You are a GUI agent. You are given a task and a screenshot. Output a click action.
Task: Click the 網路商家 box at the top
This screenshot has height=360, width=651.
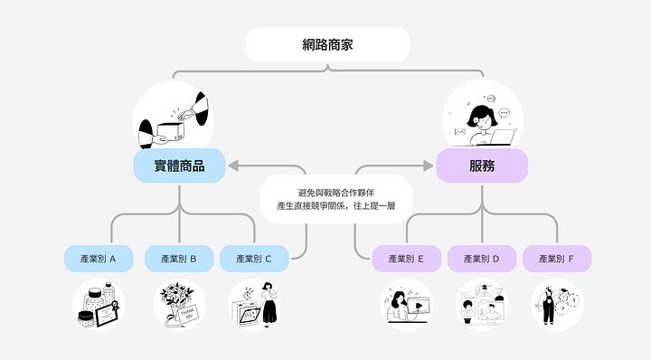327,45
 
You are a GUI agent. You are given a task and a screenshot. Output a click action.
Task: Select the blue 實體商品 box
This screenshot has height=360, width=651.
179,166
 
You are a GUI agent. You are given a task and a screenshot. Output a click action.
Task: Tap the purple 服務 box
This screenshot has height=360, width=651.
482,166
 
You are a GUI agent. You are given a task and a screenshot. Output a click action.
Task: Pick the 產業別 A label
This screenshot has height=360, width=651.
99,259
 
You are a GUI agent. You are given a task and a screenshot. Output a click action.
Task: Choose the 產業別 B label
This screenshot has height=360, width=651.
179,259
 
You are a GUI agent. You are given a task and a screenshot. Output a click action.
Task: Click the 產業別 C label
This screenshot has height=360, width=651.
254,259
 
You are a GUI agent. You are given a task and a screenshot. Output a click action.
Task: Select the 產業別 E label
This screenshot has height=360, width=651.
407,259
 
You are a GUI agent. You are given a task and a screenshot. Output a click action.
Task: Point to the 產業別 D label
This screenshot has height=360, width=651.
482,259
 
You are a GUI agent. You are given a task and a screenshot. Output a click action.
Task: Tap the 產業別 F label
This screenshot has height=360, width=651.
557,259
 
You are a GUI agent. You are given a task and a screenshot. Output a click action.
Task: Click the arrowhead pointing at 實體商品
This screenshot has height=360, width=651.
233,166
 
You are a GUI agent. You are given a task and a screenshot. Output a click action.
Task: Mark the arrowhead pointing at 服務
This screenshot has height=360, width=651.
429,166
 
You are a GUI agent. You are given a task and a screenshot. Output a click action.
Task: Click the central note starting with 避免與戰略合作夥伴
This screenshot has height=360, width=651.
336,199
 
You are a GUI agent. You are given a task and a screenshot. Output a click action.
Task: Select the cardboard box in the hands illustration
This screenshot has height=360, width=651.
171,131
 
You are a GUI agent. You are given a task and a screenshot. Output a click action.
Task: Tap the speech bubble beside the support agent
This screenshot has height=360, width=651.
504,113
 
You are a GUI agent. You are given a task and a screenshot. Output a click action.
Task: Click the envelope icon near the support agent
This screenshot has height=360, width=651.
460,132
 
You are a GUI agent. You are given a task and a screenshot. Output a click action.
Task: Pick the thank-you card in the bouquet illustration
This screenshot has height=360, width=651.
188,314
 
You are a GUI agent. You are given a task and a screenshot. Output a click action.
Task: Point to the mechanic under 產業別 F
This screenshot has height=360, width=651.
548,305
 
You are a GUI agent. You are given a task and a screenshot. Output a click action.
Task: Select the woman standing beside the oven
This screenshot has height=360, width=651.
269,304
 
